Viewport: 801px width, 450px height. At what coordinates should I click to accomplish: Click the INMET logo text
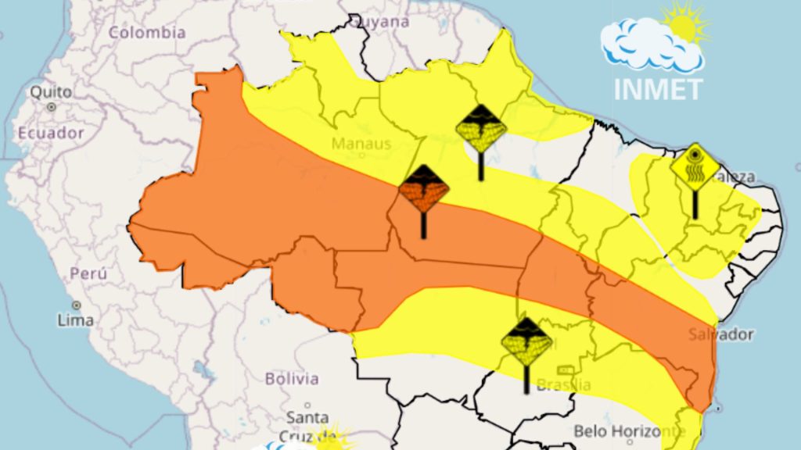click(x=658, y=88)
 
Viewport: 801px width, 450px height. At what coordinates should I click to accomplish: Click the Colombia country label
click(x=147, y=33)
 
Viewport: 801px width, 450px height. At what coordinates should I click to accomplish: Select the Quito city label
click(x=51, y=91)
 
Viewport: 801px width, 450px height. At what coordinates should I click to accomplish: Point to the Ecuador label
click(x=51, y=133)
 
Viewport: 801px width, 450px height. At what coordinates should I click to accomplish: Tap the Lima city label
click(x=76, y=320)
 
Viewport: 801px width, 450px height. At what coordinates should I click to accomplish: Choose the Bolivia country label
click(x=292, y=379)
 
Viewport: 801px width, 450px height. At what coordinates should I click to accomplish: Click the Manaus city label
click(x=361, y=144)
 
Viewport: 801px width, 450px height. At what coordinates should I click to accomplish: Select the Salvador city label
click(x=721, y=334)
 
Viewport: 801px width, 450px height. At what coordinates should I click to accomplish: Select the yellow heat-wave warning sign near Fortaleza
click(x=695, y=166)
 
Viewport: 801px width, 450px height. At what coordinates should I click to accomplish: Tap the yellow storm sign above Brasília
click(x=526, y=342)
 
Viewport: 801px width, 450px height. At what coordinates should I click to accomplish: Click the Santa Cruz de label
click(x=308, y=426)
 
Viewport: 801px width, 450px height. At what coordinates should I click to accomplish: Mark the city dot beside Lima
click(x=77, y=305)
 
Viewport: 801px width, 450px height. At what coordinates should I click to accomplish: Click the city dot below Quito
click(x=52, y=106)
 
